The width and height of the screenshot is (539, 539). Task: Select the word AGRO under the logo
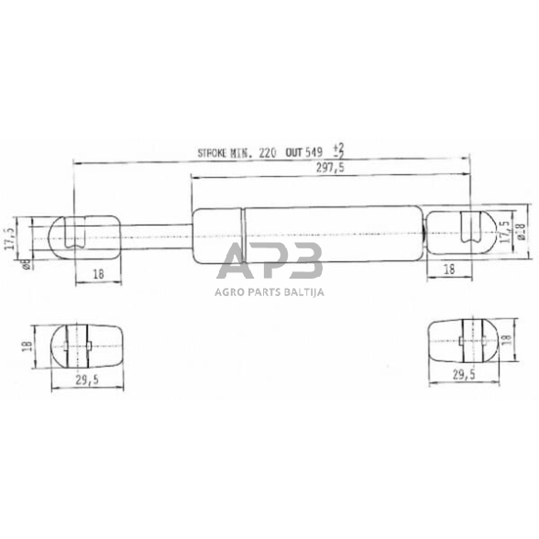click(219, 293)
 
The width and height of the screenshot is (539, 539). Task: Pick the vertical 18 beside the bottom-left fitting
click(28, 346)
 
